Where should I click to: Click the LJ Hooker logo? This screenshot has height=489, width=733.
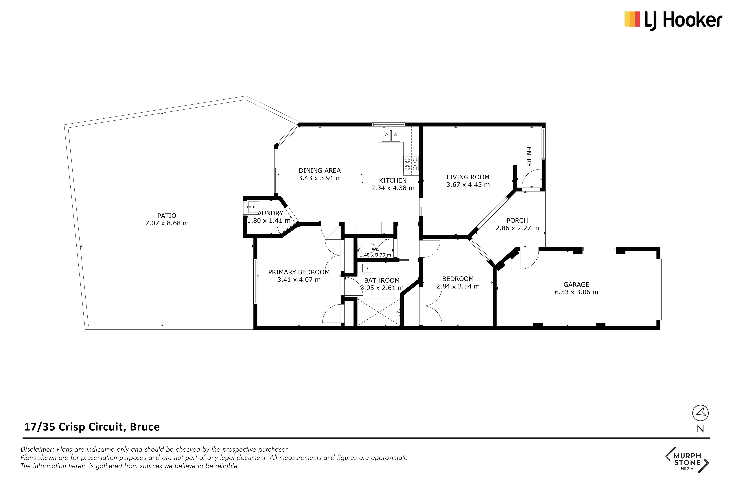click(x=673, y=20)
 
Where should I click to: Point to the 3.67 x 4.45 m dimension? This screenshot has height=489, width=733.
click(x=468, y=185)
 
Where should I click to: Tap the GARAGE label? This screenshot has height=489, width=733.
click(x=576, y=284)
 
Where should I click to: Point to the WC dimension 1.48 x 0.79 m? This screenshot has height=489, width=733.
click(x=375, y=255)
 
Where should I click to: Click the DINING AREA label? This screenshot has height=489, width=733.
click(x=320, y=171)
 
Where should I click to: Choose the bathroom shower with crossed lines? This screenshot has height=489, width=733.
click(x=379, y=312)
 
